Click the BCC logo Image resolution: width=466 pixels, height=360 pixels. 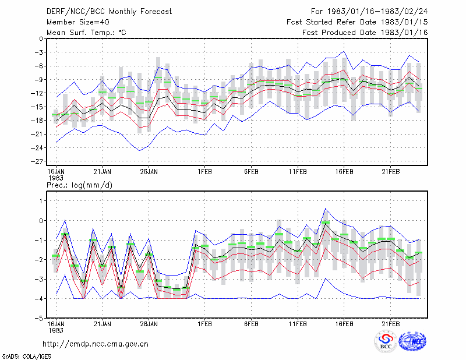386,341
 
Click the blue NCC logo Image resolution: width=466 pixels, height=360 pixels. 412,341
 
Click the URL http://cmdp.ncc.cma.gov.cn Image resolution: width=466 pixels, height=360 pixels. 96,344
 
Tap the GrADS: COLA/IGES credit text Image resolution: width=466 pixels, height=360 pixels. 26,357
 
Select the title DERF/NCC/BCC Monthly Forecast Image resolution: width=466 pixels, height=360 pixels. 109,12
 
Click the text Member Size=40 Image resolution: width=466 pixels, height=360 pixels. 78,22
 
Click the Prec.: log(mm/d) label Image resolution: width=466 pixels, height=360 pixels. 79,185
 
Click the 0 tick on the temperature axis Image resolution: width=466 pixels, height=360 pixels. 41,38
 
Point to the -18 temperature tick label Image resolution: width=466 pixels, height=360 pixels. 37,121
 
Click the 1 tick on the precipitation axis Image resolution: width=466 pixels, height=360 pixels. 41,201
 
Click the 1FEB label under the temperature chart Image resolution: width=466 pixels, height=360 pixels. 204,172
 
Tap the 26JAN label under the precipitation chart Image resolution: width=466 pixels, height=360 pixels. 149,324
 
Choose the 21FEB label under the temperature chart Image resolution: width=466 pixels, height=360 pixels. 390,172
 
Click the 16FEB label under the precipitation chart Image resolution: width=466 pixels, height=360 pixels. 344,324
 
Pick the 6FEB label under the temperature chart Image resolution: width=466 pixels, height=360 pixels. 251,172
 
